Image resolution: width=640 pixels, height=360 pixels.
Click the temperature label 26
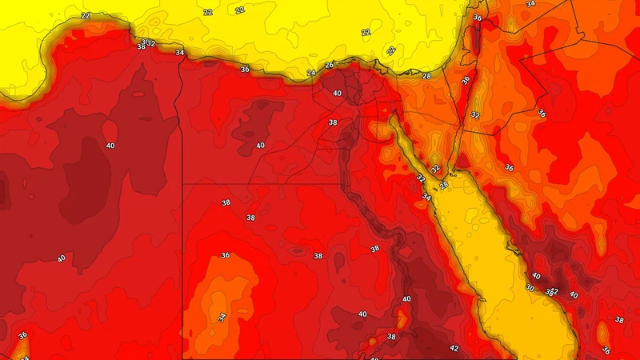pyautogui.click(x=329, y=65)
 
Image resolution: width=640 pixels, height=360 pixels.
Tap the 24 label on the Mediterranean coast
pyautogui.click(x=311, y=74)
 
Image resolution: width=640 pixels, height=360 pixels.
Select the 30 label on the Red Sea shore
pyautogui.click(x=529, y=288)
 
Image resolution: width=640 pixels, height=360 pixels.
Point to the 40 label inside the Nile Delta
pyautogui.click(x=337, y=94)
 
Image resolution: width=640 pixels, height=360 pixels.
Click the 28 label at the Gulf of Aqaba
pyautogui.click(x=444, y=185)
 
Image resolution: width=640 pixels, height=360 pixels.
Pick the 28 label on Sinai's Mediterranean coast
pyautogui.click(x=426, y=76)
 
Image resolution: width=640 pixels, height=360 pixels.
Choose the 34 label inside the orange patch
pyautogui.click(x=222, y=318)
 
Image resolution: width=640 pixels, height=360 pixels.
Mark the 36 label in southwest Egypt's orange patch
pyautogui.click(x=226, y=255)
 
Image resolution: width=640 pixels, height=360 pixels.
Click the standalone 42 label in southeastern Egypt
pyautogui.click(x=454, y=348)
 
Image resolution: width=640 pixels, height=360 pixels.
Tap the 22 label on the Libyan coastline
pyautogui.click(x=85, y=16)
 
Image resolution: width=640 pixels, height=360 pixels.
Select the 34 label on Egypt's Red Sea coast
pyautogui.click(x=426, y=197)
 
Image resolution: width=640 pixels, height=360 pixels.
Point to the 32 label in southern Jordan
pyautogui.click(x=474, y=115)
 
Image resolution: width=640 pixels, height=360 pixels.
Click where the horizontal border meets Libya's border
pyautogui.click(x=183, y=184)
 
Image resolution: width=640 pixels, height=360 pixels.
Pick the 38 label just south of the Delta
pyautogui.click(x=333, y=122)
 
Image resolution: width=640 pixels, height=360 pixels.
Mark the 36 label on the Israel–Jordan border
pyautogui.click(x=466, y=80)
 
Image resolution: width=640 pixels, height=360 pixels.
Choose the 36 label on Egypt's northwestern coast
pyautogui.click(x=246, y=70)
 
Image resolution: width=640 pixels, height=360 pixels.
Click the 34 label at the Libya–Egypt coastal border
pyautogui.click(x=180, y=53)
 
